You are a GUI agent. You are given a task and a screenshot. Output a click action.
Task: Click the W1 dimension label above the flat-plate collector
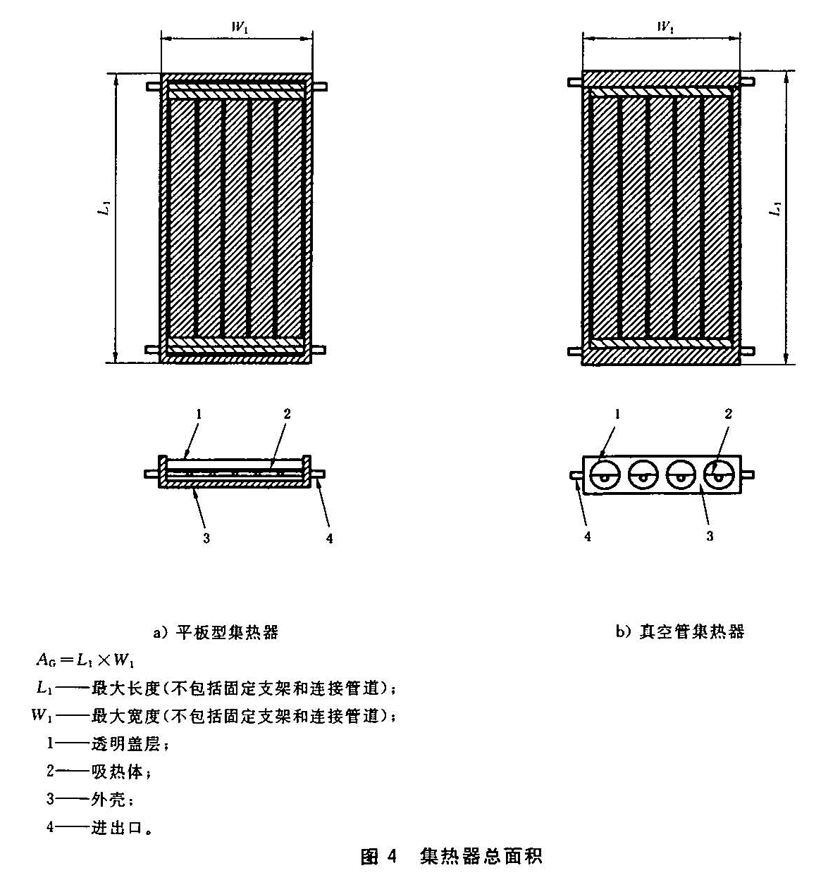tap(240, 27)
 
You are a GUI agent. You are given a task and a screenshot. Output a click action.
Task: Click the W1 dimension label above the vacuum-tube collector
tap(664, 27)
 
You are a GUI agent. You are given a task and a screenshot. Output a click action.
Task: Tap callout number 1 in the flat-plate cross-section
tap(199, 415)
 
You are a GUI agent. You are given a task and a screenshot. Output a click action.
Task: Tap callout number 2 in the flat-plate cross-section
tap(287, 414)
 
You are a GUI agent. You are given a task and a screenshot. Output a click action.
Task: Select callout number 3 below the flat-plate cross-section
tap(206, 539)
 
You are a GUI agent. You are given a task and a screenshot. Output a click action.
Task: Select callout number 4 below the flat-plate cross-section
tap(329, 539)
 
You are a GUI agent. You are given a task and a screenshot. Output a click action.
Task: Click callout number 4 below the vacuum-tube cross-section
tap(587, 536)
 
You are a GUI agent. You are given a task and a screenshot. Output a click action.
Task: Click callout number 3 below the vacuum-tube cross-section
tap(710, 536)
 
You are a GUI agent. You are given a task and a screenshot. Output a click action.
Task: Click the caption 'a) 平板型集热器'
tap(216, 632)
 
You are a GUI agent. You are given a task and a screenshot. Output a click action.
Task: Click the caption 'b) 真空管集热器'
tap(679, 631)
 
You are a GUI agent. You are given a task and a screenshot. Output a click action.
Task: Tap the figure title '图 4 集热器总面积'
tap(451, 856)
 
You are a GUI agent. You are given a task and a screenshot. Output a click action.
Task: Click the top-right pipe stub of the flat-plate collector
tap(319, 87)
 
